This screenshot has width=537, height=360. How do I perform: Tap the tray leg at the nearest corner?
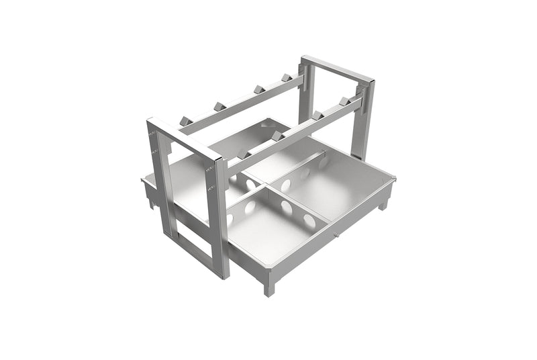point(269,287)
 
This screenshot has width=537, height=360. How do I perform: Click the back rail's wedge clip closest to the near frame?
point(185,121)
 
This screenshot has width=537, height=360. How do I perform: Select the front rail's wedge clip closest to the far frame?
point(344,101)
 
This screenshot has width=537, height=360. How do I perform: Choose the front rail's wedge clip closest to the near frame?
point(244,154)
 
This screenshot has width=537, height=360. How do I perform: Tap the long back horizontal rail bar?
point(242,104)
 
